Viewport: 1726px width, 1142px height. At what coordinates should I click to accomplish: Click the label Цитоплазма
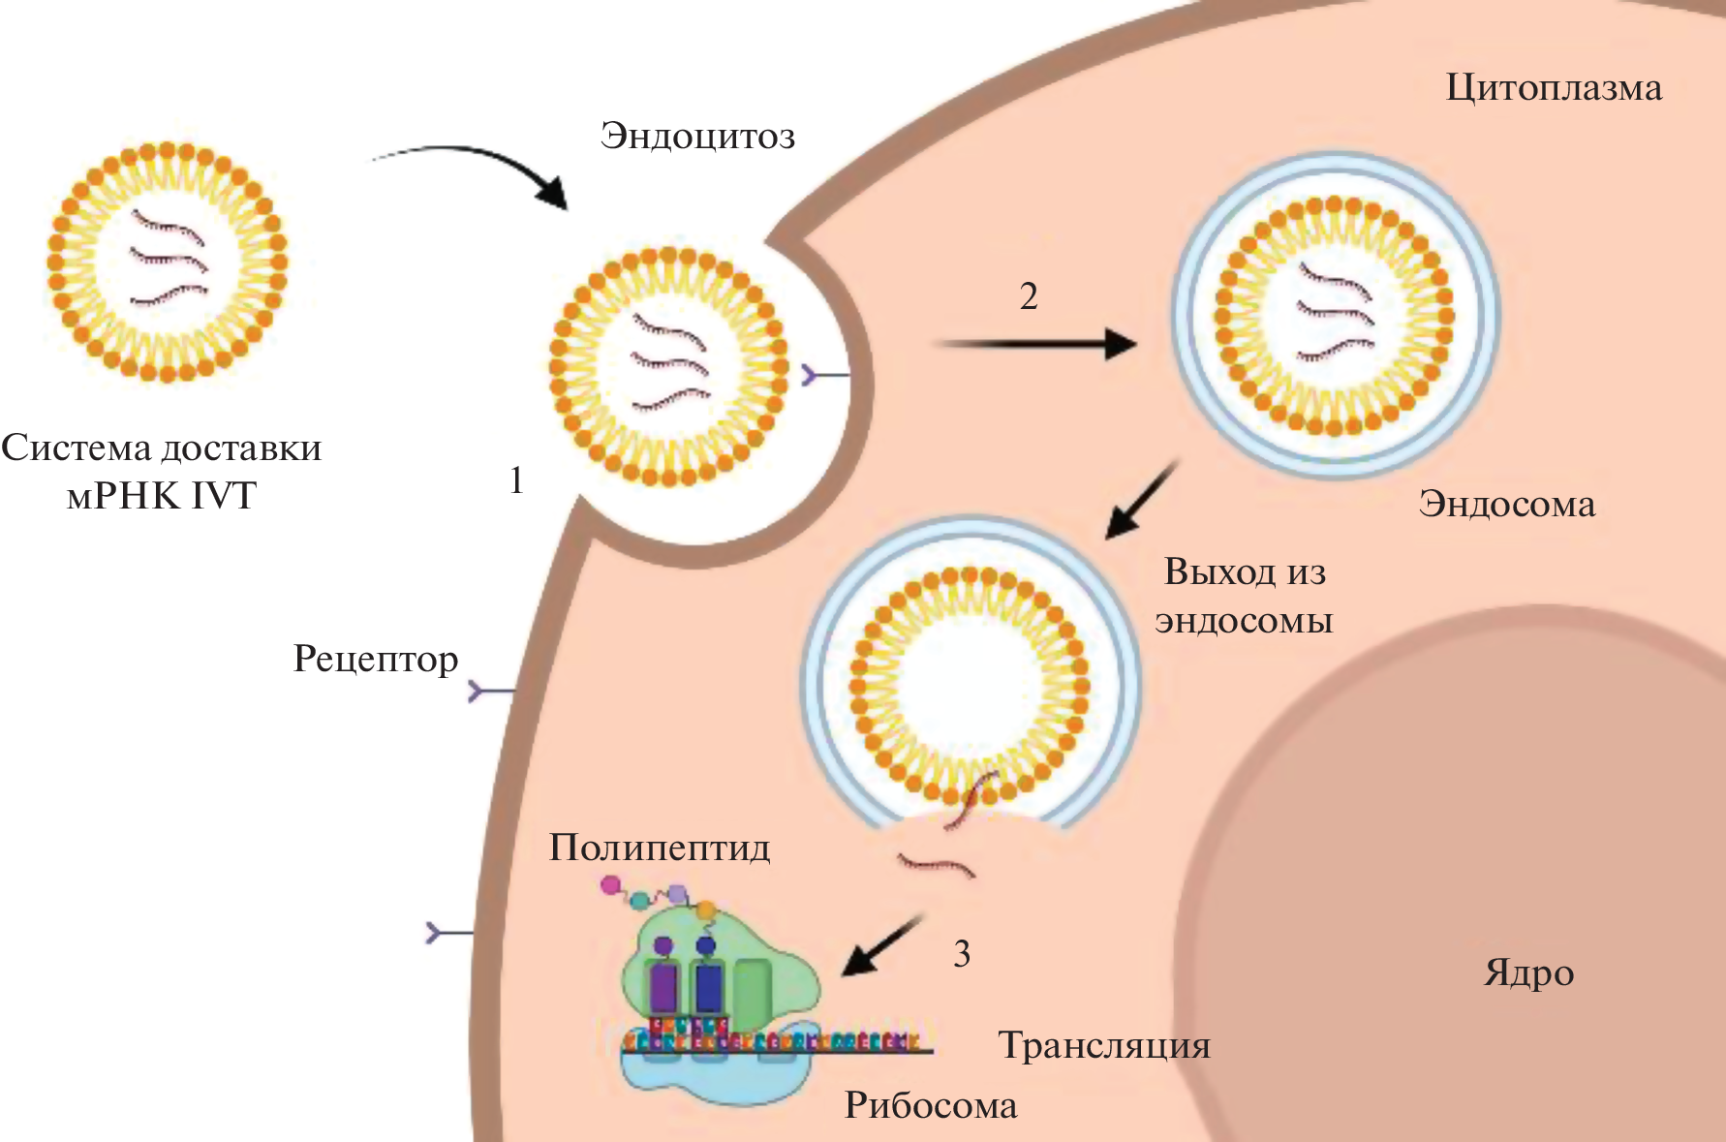[1554, 88]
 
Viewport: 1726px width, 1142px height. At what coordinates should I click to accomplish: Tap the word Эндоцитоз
[697, 136]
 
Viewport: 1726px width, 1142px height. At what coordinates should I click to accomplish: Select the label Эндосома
[1507, 504]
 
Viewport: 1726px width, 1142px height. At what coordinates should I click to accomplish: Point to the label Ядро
[1528, 972]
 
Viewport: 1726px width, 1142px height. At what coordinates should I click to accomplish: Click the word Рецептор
[376, 660]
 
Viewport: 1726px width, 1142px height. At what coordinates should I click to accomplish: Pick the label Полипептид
[660, 848]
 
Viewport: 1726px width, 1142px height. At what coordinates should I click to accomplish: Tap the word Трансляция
[1104, 1046]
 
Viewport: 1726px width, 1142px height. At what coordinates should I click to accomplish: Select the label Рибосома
[931, 1105]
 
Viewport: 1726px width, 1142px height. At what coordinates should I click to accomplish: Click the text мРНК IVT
[161, 496]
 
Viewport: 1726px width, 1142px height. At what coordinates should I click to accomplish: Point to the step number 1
[516, 480]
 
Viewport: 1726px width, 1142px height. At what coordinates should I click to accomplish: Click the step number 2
[1029, 296]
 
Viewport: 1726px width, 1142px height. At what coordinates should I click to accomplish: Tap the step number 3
[961, 954]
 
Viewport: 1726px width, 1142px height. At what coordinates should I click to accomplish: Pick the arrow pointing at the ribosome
[881, 944]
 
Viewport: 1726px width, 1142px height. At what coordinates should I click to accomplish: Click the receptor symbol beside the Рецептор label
[490, 691]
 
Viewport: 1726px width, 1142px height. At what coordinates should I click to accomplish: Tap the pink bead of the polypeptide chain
[610, 884]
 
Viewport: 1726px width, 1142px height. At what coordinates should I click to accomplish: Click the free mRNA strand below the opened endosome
[936, 864]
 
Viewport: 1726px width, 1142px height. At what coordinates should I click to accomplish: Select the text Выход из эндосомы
[1245, 596]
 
